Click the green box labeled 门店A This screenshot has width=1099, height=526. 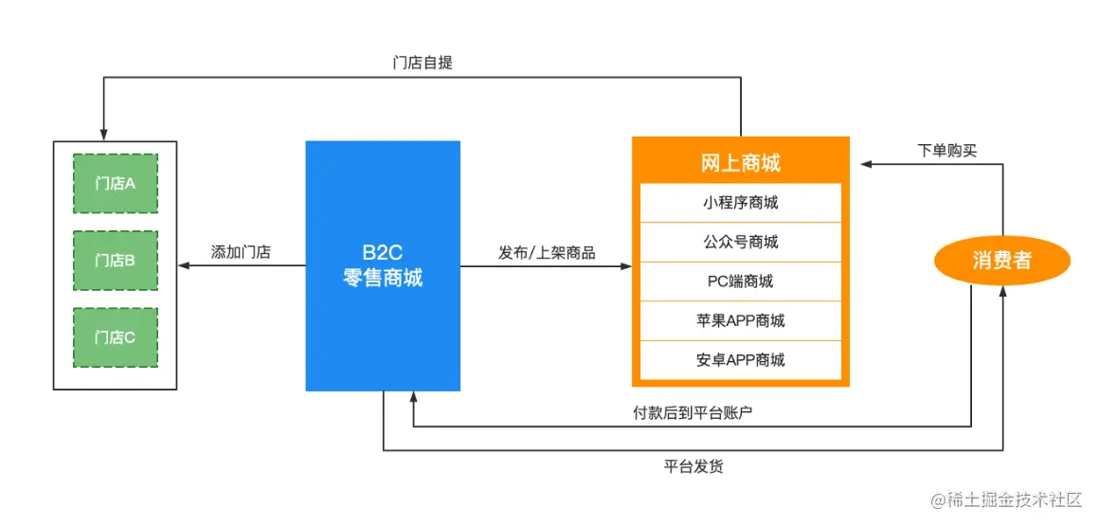tap(116, 183)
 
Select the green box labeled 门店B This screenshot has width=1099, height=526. tap(116, 260)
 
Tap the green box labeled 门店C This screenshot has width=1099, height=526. tap(116, 336)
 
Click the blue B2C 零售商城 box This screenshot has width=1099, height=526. tap(383, 265)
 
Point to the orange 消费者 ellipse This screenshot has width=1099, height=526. tap(1001, 261)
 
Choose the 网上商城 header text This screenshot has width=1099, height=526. tap(741, 163)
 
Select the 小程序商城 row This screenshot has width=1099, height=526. tap(741, 203)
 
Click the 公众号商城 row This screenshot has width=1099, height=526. tap(741, 242)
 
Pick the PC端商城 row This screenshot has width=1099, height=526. tap(741, 281)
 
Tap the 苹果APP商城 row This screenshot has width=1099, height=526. tap(741, 320)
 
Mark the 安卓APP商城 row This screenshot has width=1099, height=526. tap(741, 360)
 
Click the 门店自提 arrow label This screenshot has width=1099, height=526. tap(423, 63)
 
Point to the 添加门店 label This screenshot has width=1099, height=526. tap(241, 252)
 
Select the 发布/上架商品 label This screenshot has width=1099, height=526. tap(547, 252)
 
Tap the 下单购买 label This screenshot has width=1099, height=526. tap(947, 150)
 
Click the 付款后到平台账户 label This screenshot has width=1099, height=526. tap(693, 412)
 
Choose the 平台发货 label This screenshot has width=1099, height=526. tap(694, 466)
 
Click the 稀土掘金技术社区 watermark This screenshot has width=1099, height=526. tap(1006, 499)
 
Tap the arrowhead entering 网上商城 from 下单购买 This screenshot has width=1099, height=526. tap(866, 164)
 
